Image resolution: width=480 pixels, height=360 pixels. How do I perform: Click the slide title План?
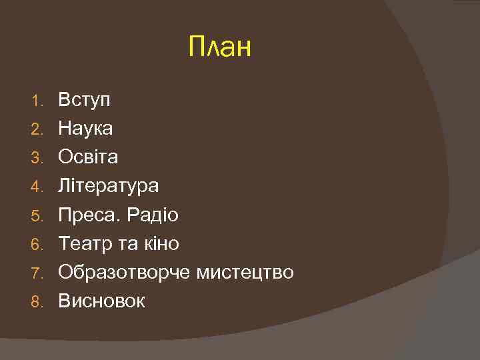pyautogui.click(x=220, y=47)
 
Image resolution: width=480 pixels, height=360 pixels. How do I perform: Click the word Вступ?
pyautogui.click(x=85, y=101)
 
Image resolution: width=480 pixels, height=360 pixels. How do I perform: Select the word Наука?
pyautogui.click(x=85, y=128)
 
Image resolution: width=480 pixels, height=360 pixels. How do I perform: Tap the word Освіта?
pyautogui.click(x=88, y=157)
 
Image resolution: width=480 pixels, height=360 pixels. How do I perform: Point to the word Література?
pyautogui.click(x=109, y=186)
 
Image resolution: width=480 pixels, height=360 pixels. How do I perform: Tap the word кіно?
pyautogui.click(x=161, y=244)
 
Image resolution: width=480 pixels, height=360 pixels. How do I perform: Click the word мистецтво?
pyautogui.click(x=245, y=273)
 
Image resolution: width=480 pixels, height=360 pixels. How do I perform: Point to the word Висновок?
pyautogui.click(x=101, y=301)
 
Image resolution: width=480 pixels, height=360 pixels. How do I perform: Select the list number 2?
pyautogui.click(x=37, y=129)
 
